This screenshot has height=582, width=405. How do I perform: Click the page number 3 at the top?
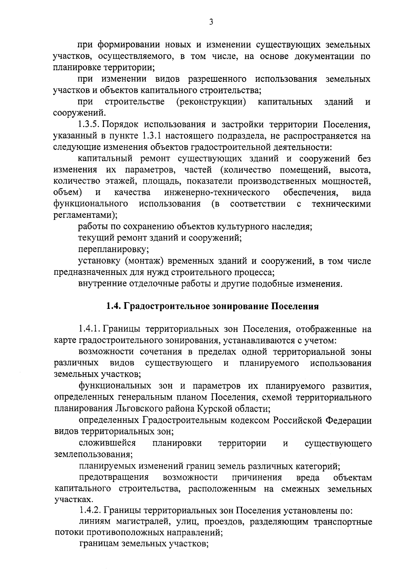(211, 22)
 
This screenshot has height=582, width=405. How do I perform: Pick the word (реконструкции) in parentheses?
(211, 102)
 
